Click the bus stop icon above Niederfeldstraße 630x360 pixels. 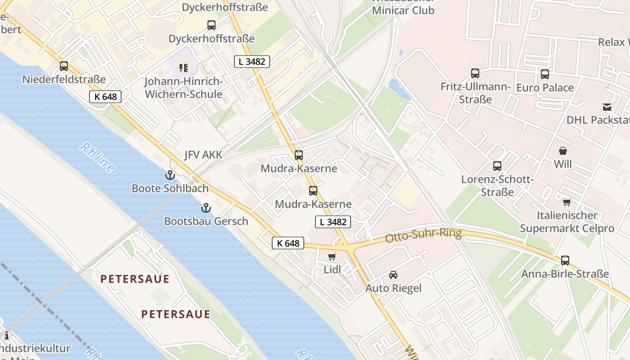(x=64, y=66)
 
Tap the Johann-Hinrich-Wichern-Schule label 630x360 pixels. (x=183, y=88)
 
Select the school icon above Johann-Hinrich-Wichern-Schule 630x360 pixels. (x=183, y=68)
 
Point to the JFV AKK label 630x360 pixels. (x=203, y=155)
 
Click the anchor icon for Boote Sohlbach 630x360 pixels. (x=170, y=175)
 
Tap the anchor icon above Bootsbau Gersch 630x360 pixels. (x=206, y=208)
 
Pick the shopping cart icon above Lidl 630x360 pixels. (x=332, y=256)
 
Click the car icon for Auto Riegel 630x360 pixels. (x=393, y=274)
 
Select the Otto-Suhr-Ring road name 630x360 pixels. (x=424, y=235)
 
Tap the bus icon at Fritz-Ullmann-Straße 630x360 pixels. (x=475, y=73)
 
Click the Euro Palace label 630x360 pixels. (x=545, y=87)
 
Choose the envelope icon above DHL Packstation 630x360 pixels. (x=607, y=107)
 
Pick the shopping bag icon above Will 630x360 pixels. (x=563, y=151)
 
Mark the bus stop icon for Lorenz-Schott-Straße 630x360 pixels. (x=497, y=166)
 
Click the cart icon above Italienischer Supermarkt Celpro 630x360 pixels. (x=567, y=202)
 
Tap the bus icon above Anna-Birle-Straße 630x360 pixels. (x=565, y=260)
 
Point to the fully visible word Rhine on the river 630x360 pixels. (x=97, y=157)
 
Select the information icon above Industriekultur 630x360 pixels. (x=6, y=335)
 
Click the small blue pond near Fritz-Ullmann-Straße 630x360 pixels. (x=399, y=89)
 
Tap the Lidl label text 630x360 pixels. (x=333, y=270)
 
